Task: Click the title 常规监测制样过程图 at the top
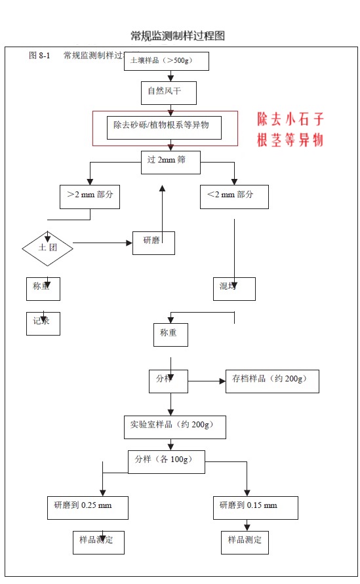(x=182, y=35)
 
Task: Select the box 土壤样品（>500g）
(x=166, y=61)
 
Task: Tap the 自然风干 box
(x=169, y=93)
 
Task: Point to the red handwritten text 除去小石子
(x=290, y=119)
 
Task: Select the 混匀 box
(x=234, y=288)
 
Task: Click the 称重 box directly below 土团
(x=43, y=288)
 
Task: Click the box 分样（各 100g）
(x=166, y=461)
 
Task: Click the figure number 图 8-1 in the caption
(x=39, y=56)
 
